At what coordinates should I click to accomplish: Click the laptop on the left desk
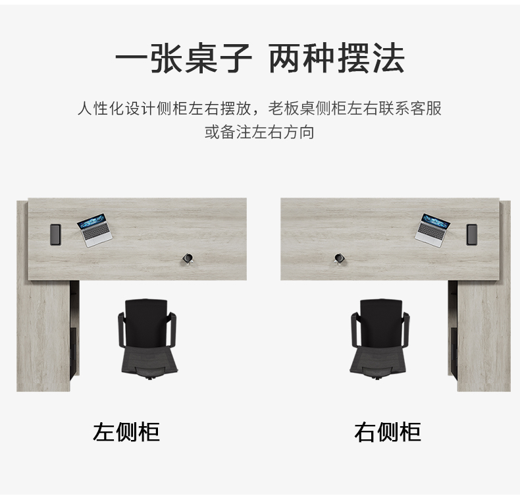(x=95, y=230)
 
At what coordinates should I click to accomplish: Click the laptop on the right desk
(x=432, y=230)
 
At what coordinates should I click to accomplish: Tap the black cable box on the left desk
(x=55, y=234)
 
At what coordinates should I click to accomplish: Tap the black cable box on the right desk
(x=472, y=234)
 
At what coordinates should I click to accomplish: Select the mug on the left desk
(x=188, y=258)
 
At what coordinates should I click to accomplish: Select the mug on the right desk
(x=339, y=258)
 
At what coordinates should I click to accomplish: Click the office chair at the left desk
(x=147, y=339)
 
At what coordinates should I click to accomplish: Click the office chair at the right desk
(x=380, y=339)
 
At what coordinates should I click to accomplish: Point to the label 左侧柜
(x=126, y=432)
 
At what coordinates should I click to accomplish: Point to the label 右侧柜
(x=388, y=432)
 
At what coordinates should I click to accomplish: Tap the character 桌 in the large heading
(x=201, y=59)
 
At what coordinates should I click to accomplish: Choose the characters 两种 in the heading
(x=301, y=59)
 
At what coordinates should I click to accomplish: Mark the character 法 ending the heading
(x=388, y=59)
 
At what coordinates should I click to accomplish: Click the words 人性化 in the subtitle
(x=101, y=109)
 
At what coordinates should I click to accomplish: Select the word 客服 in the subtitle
(x=426, y=109)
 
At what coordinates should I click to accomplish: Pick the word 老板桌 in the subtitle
(x=292, y=109)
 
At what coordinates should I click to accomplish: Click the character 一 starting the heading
(x=132, y=59)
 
